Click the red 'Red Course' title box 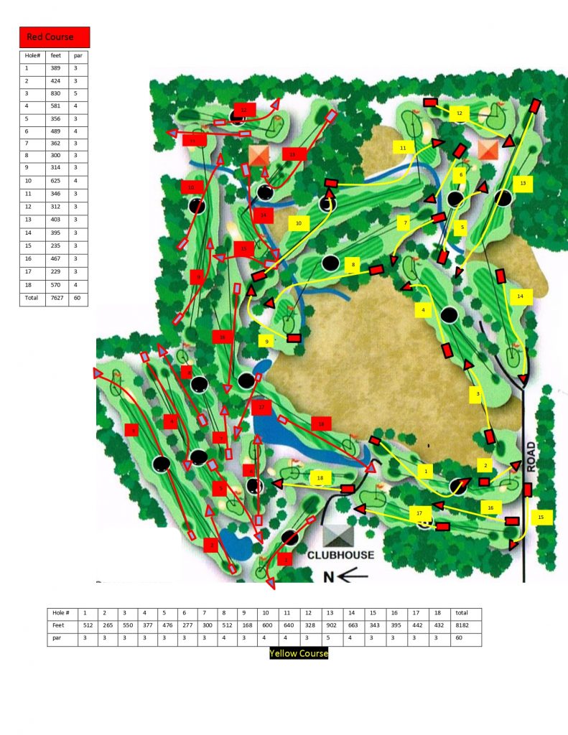point(55,37)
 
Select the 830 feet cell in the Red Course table point(56,93)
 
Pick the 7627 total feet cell point(56,298)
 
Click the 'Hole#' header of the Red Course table point(34,55)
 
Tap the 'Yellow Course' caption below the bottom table point(299,653)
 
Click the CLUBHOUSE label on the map point(341,555)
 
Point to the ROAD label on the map point(531,457)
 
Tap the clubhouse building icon point(337,534)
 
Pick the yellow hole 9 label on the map point(266,341)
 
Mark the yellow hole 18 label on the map point(320,477)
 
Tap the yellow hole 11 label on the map point(403,147)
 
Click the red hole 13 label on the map point(292,154)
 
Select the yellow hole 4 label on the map point(424,310)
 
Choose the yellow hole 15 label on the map point(541,516)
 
